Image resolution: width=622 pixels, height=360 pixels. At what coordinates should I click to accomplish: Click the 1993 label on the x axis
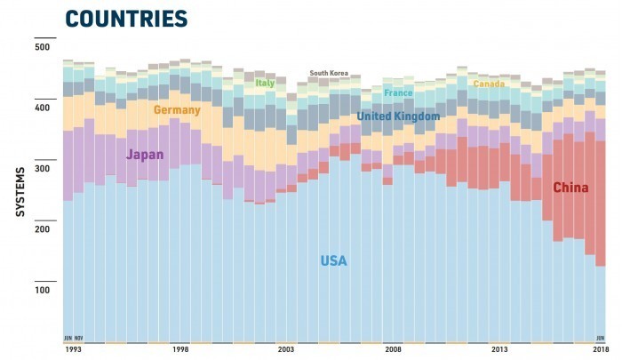click(x=73, y=350)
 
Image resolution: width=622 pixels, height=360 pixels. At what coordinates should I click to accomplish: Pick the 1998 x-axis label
click(x=180, y=350)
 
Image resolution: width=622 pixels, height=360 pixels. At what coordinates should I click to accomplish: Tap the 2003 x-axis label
click(x=286, y=350)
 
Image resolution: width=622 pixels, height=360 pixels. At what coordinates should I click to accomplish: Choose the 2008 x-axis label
click(x=393, y=350)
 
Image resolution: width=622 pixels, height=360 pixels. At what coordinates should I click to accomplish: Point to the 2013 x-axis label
click(x=499, y=350)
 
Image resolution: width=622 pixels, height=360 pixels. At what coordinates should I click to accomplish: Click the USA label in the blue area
click(x=333, y=261)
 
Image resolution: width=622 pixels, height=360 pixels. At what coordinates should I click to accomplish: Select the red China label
click(x=570, y=188)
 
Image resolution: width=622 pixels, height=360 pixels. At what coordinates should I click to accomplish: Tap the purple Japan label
click(x=145, y=155)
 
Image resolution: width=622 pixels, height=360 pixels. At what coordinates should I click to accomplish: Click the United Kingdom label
click(x=398, y=116)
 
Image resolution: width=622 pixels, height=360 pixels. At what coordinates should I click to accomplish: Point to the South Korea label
click(x=329, y=74)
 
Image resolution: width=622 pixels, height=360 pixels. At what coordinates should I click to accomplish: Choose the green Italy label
click(x=265, y=84)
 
